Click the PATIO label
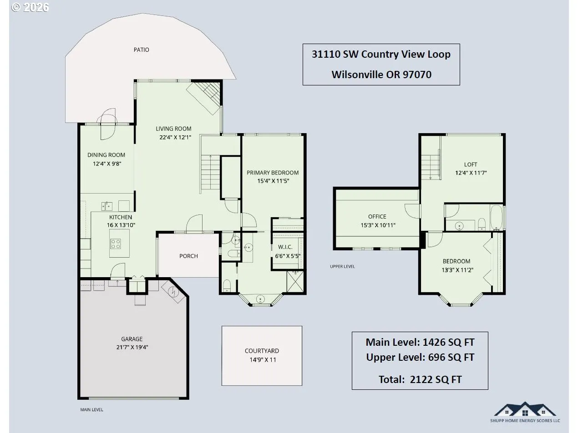141,50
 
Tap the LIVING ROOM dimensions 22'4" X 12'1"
175,137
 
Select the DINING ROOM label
106,155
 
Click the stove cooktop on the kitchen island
116,244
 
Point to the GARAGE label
132,339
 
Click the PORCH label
188,256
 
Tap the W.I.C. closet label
285,247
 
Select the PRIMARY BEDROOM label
273,173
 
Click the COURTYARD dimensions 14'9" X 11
263,360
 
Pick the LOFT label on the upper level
471,164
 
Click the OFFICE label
377,216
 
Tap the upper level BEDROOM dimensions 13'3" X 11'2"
457,270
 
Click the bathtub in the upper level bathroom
497,218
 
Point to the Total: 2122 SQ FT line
420,379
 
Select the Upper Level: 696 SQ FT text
420,357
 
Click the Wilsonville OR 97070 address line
381,75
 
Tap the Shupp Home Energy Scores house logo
525,409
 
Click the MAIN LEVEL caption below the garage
91,410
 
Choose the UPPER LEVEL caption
342,266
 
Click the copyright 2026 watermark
30,7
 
